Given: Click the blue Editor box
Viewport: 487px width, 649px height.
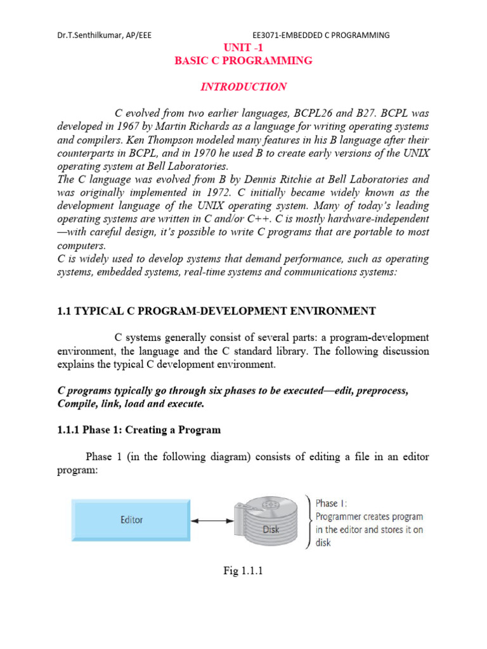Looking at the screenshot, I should [x=132, y=520].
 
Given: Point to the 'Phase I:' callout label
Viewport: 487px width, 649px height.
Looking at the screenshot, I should [x=331, y=503].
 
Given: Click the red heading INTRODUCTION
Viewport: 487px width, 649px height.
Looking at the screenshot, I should [x=243, y=87].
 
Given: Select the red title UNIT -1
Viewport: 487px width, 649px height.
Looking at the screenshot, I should [x=243, y=48].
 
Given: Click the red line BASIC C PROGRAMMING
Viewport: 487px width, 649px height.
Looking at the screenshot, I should [x=243, y=61].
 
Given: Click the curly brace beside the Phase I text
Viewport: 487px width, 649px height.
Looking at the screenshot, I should [x=309, y=521].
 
